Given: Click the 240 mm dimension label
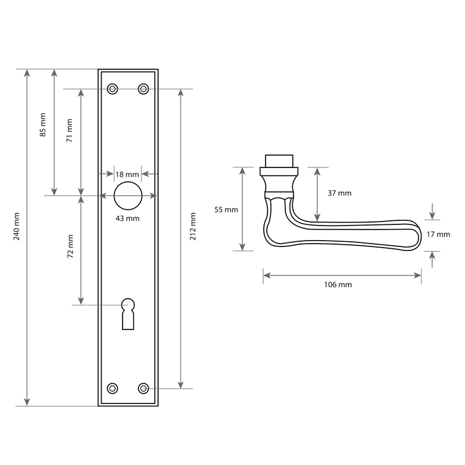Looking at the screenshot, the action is coord(17,226).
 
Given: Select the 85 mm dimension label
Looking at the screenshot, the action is coord(43,125).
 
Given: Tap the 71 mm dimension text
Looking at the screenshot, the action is coord(69,130).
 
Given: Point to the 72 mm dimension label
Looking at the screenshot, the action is coord(70,246).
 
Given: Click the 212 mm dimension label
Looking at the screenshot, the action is coord(193,226).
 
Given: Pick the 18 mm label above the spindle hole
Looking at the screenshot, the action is coord(127,174).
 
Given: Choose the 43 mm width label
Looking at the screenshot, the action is coord(127,219).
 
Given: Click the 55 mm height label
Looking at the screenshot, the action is coord(226,210).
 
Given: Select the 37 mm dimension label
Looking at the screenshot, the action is coord(339,193).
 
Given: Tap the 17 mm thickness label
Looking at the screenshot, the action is coord(438,234).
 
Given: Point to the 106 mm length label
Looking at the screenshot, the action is coord(338,285).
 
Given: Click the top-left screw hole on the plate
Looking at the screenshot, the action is coord(112,89).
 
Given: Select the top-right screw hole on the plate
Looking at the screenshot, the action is coord(144,89).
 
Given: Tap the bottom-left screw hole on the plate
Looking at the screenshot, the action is coord(112,388).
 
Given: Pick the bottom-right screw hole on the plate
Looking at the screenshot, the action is coord(144,388).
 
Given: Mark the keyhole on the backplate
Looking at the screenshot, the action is coord(128,314).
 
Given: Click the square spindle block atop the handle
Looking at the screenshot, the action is coord(279,161).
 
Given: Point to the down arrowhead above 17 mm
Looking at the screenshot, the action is coord(432,216).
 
